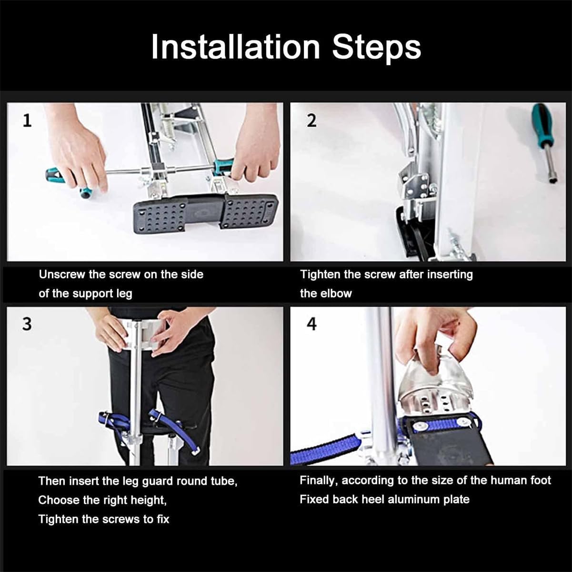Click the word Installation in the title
point(235,47)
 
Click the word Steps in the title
point(376,48)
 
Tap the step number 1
point(27,121)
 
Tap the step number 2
point(311,121)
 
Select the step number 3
point(27,324)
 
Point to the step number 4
point(311,324)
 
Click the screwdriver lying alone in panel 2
point(545,143)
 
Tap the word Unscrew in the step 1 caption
point(62,274)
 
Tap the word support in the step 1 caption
point(92,294)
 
